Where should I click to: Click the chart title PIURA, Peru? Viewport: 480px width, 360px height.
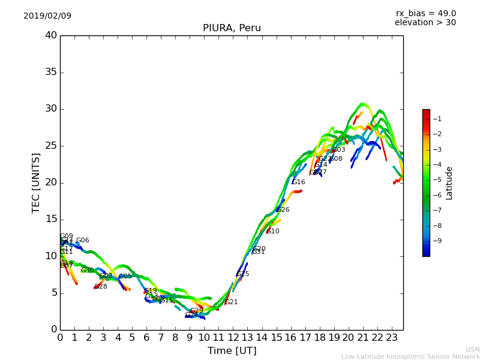232,28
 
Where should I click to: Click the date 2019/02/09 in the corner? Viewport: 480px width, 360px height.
47,16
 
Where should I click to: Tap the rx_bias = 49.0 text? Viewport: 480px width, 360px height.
425,13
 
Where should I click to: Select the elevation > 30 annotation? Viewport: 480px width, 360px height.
425,23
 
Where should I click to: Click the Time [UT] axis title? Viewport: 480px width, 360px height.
232,350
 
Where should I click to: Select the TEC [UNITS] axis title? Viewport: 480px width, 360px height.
36,182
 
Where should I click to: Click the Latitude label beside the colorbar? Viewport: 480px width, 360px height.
449,183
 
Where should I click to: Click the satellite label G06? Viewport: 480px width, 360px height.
82,241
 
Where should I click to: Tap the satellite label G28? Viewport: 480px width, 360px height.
100,287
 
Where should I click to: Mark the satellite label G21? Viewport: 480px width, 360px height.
232,302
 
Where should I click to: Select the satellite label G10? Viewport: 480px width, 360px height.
273,232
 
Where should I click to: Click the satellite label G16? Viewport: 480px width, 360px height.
299,182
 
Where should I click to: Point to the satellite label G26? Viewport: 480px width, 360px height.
283,210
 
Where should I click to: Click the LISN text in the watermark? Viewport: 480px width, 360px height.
472,349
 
